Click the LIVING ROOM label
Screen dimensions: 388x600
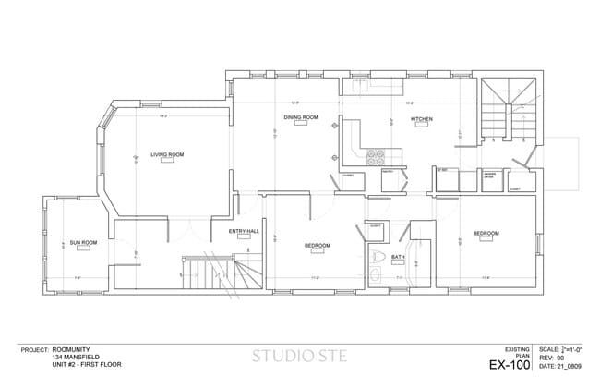pos(167,154)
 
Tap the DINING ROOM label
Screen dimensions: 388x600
pos(301,118)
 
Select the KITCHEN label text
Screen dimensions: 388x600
pos(422,119)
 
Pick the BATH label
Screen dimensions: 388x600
pos(399,256)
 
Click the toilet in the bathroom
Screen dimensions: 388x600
pos(376,256)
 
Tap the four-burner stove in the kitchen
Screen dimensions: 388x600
pos(377,157)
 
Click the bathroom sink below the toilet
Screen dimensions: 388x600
pos(376,274)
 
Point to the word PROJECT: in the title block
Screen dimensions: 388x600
pos(35,349)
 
